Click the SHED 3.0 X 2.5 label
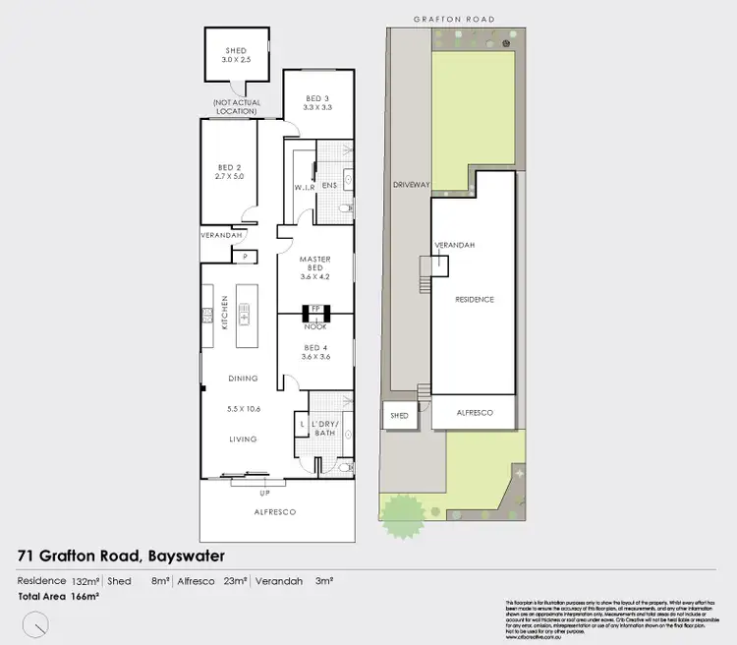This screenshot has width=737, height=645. tap(235, 56)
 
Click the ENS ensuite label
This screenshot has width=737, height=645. tap(329, 184)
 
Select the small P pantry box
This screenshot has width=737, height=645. tap(244, 257)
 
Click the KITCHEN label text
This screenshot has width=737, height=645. tap(224, 312)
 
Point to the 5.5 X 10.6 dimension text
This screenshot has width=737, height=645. tap(243, 408)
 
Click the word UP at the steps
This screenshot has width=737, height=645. tap(263, 493)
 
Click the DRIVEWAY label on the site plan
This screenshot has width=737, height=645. tap(406, 184)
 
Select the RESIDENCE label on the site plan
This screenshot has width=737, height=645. tap(473, 299)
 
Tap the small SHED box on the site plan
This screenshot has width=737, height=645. tap(398, 416)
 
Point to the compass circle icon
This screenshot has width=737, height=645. tap(37, 622)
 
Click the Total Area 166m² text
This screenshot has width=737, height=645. tap(58, 596)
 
